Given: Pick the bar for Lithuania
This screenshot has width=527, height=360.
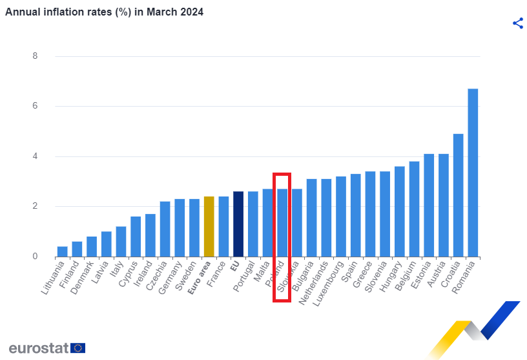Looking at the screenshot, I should (62, 251).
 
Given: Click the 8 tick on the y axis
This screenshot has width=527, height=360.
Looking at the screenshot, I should (35, 56).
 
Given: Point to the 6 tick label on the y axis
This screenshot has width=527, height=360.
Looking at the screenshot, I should (35, 106).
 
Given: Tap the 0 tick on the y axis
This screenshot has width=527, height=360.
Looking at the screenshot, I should (35, 257).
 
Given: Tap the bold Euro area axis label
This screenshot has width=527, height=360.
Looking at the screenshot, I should (198, 279).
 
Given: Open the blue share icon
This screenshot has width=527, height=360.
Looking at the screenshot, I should (517, 23).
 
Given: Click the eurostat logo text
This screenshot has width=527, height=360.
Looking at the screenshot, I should (38, 348).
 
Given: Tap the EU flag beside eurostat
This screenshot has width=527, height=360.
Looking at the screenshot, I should (77, 348).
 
